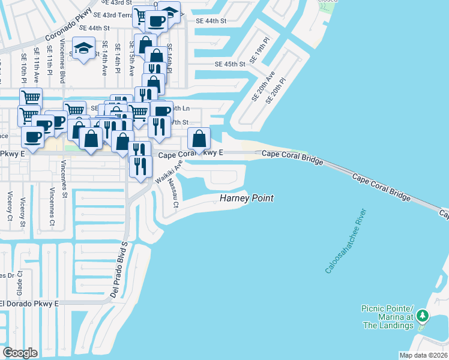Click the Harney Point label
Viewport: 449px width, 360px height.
click(247, 198)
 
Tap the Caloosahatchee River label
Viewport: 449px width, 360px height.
click(346, 241)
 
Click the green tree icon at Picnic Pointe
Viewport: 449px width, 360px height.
click(423, 316)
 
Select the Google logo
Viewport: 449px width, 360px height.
click(20, 352)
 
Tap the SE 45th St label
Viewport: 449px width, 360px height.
click(231, 64)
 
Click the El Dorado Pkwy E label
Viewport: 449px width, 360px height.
click(30, 304)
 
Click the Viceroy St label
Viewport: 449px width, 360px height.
click(23, 211)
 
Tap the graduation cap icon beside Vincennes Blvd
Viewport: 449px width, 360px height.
click(84, 49)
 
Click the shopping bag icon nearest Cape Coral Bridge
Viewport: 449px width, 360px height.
click(199, 139)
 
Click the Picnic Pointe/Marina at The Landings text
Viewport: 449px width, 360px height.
click(387, 317)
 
